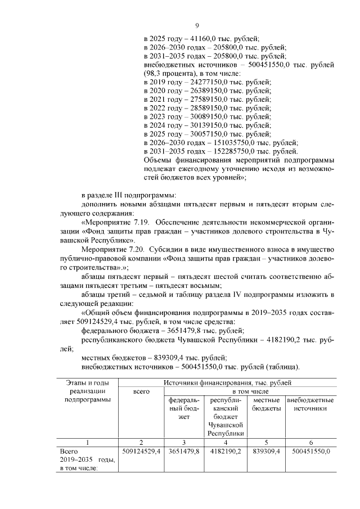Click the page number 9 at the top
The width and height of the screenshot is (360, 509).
pos(197,25)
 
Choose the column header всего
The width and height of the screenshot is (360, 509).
pos(141,391)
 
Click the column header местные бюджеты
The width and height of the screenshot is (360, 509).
pos(267,404)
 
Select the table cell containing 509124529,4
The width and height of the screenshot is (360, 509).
pos(141,451)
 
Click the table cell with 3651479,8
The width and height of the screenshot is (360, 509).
pos(182,451)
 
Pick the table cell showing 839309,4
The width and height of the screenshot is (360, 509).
pos(267,451)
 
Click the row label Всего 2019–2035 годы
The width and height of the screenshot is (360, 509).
pos(87,460)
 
